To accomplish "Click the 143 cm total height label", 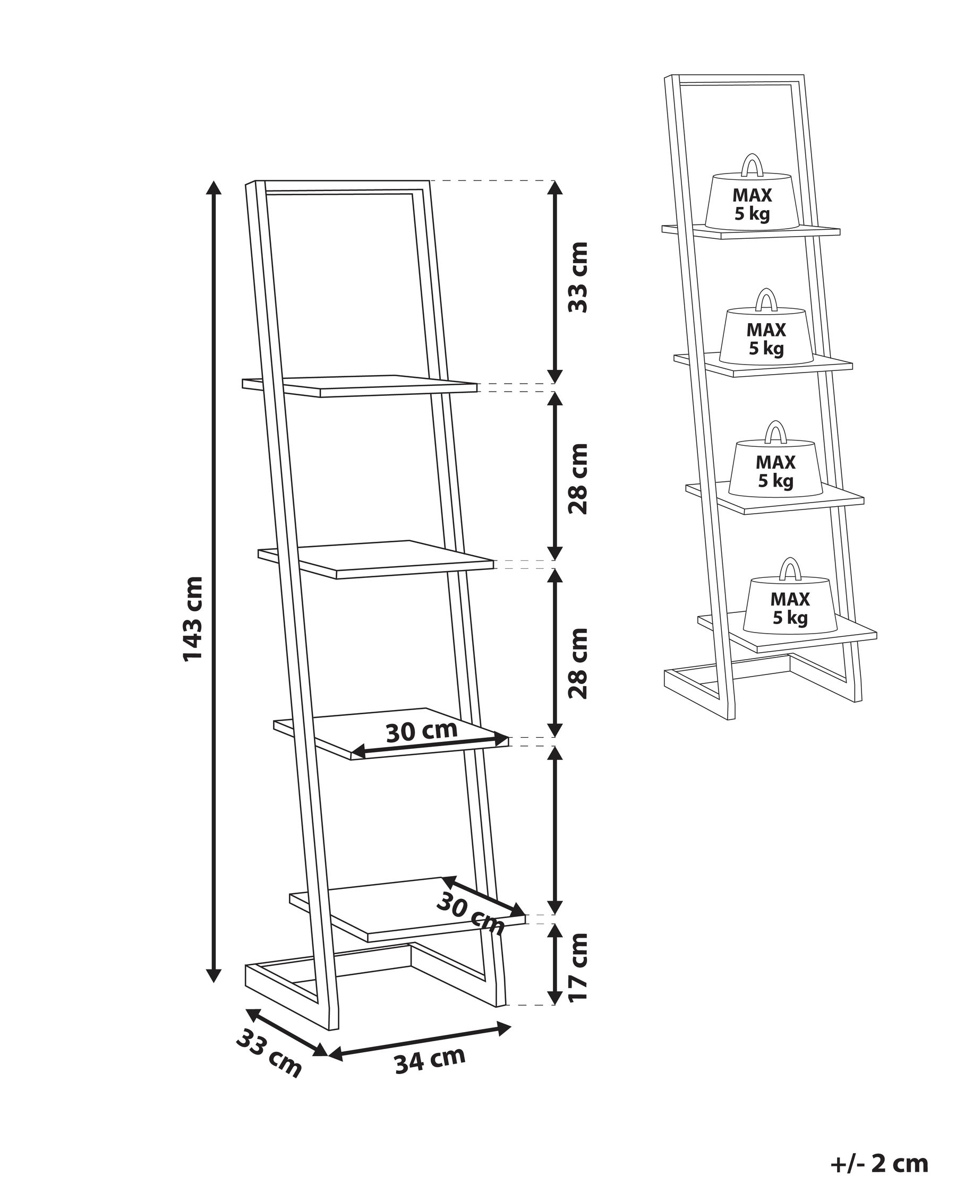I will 192,618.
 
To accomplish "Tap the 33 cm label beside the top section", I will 578,277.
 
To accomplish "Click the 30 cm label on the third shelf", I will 421,732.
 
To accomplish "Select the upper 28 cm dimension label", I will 578,479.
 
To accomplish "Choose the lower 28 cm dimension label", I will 578,663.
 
